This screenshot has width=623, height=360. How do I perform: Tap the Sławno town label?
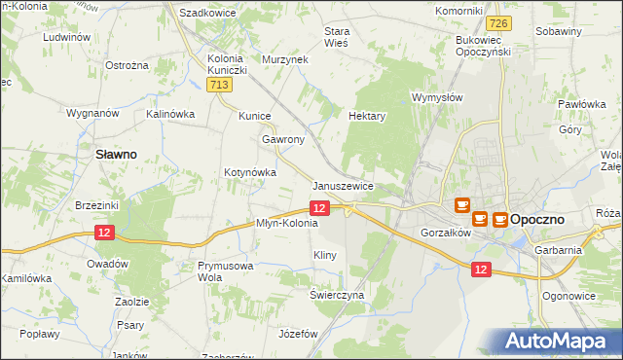(x=114, y=154)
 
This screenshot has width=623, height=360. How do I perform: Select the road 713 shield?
(x=220, y=88)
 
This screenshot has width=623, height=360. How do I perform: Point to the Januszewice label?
(x=344, y=186)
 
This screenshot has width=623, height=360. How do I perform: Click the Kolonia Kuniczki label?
(x=229, y=64)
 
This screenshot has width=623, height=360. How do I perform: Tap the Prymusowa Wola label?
(x=226, y=270)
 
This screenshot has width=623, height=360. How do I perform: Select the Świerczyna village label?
(x=337, y=294)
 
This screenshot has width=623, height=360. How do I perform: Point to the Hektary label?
(x=367, y=116)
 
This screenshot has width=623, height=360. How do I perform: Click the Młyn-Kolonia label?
(x=287, y=223)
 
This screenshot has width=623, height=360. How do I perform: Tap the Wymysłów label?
(x=437, y=98)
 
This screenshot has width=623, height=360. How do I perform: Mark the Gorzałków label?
(x=446, y=234)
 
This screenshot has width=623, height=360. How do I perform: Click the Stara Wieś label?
(x=336, y=36)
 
